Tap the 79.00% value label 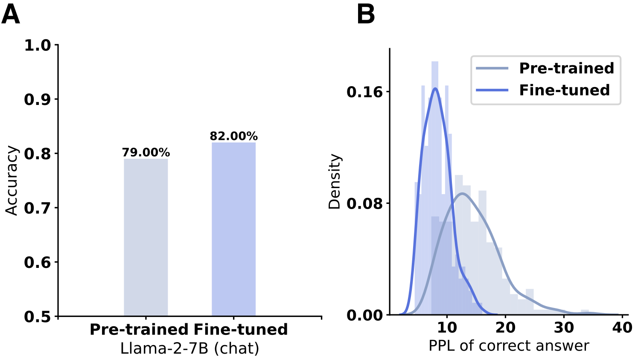pos(146,152)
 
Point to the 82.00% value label pos(233,136)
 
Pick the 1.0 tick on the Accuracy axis pos(37,45)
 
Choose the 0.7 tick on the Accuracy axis pos(37,208)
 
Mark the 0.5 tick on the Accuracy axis pos(37,316)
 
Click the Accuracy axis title pos(12,180)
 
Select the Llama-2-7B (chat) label pos(189,348)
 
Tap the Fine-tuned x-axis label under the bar pos(241,330)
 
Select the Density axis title pos(335,181)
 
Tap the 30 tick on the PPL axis pos(564,328)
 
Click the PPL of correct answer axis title pos(509,346)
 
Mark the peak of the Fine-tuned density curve pos(435,88)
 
